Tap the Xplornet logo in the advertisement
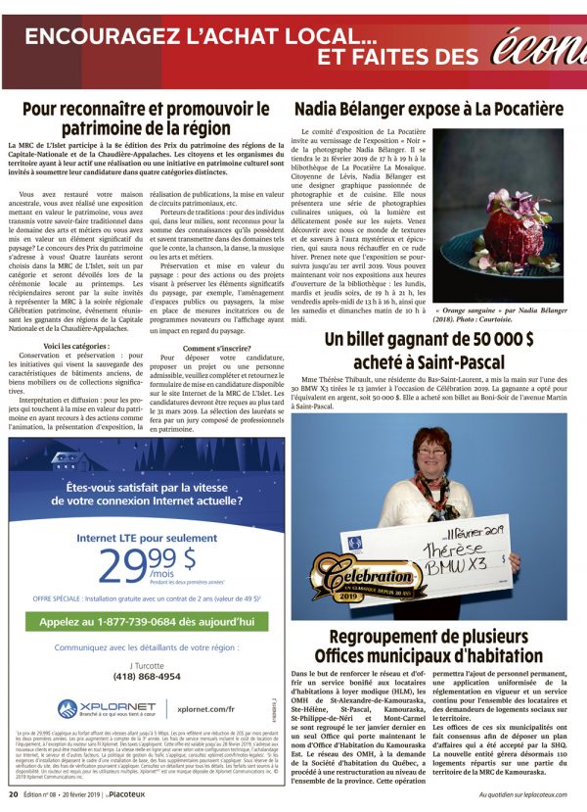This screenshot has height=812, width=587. pyautogui.click(x=92, y=709)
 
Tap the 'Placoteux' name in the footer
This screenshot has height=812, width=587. pyautogui.click(x=126, y=795)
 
